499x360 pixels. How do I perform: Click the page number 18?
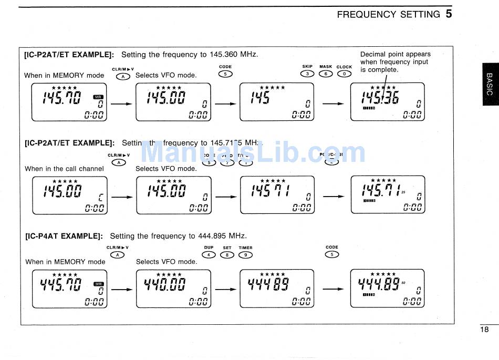[484, 330]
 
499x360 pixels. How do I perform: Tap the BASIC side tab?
[489, 84]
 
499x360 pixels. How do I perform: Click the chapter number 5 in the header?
[449, 14]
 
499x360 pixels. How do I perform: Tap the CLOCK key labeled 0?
[344, 74]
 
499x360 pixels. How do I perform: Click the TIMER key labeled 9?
[245, 255]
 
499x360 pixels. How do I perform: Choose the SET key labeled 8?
[227, 255]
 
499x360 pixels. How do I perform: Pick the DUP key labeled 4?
[209, 255]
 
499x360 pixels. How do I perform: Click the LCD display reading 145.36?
[387, 102]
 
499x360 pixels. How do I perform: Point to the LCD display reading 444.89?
[387, 289]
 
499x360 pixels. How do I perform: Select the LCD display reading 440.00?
[173, 289]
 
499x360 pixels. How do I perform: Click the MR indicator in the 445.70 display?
[99, 284]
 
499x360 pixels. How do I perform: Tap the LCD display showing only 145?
[277, 102]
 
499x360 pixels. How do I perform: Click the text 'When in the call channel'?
[64, 169]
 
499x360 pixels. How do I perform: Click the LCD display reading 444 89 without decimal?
[277, 289]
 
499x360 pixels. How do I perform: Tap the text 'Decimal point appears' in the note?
[395, 54]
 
